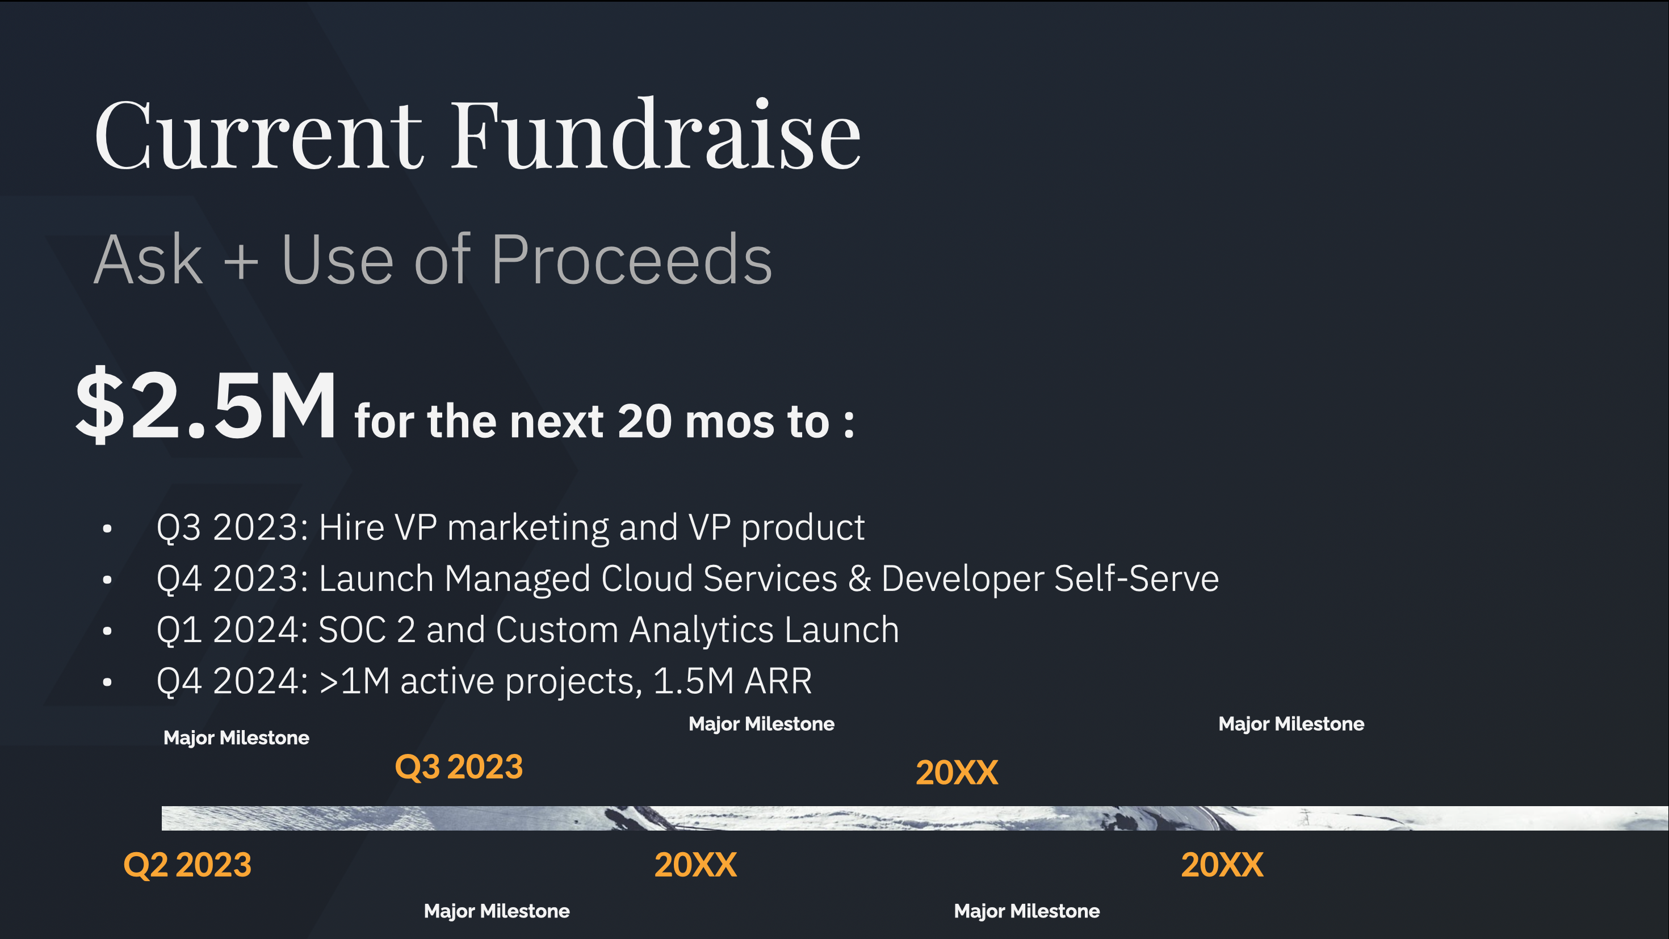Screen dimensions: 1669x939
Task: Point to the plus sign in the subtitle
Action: [x=241, y=262]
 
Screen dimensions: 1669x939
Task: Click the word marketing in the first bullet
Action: [x=528, y=528]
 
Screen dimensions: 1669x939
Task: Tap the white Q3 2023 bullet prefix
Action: [x=233, y=527]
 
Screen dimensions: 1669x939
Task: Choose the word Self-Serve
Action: [x=1137, y=578]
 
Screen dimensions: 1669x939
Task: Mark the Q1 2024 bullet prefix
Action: [x=233, y=631]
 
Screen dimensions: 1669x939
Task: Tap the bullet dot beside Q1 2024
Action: [x=107, y=631]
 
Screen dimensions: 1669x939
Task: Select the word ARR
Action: [x=778, y=681]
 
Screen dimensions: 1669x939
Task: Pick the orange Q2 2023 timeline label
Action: [x=187, y=865]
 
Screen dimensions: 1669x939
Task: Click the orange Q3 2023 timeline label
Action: [x=459, y=768]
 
